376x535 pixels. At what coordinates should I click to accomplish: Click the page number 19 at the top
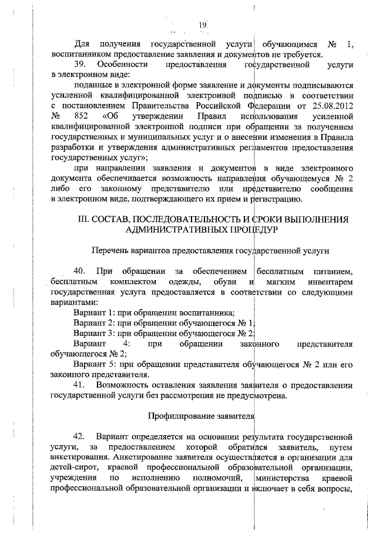point(202,25)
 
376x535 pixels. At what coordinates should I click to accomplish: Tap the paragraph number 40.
point(80,271)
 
